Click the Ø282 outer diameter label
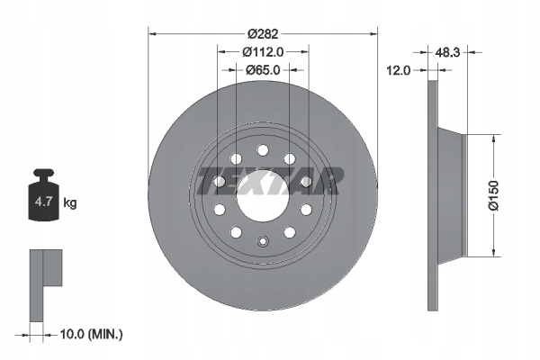pos(263,34)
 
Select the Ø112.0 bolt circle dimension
pos(263,52)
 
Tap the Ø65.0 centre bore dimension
pos(263,70)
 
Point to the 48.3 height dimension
pos(447,52)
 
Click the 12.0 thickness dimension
pos(398,70)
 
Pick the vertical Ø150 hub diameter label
pos(493,195)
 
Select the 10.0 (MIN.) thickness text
pos(91,334)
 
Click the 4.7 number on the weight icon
pos(43,202)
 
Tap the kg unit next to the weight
pos(70,202)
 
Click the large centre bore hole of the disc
pos(263,196)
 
